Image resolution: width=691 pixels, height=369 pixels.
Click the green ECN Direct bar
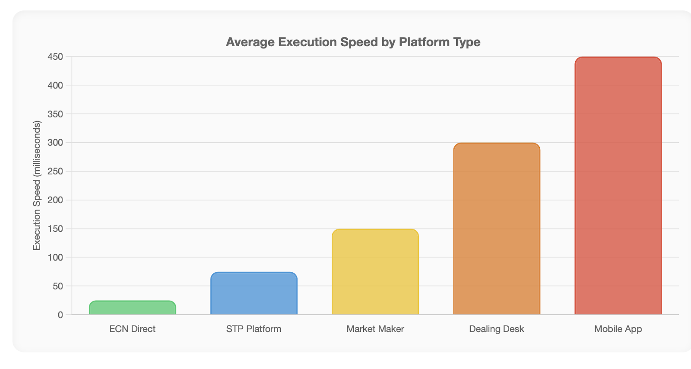click(x=132, y=308)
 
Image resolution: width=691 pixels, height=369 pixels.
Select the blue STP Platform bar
click(x=254, y=293)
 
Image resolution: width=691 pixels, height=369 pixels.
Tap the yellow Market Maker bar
click(x=375, y=272)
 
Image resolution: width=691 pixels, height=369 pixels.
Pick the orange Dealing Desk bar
click(x=496, y=229)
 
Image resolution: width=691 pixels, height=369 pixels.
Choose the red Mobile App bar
click(x=618, y=186)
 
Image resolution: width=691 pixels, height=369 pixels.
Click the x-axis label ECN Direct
click(x=132, y=329)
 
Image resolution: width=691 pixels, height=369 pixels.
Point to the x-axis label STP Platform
click(x=254, y=329)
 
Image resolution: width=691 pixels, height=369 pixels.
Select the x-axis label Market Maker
click(x=375, y=329)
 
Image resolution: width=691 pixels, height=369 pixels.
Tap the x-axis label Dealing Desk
click(x=496, y=329)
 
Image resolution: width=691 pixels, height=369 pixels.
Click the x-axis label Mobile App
click(x=618, y=329)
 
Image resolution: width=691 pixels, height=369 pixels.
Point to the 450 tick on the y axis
click(x=55, y=57)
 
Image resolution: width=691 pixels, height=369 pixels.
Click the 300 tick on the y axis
click(x=55, y=143)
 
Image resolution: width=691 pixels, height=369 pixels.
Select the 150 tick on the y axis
click(x=55, y=229)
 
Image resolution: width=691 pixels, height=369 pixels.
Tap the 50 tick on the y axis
click(x=57, y=286)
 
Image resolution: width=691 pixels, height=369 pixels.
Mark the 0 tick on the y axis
click(x=60, y=315)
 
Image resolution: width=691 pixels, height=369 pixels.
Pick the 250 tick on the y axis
click(x=55, y=171)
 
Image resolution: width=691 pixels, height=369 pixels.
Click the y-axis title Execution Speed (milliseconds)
click(x=37, y=186)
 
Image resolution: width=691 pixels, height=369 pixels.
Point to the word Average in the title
click(x=250, y=42)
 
